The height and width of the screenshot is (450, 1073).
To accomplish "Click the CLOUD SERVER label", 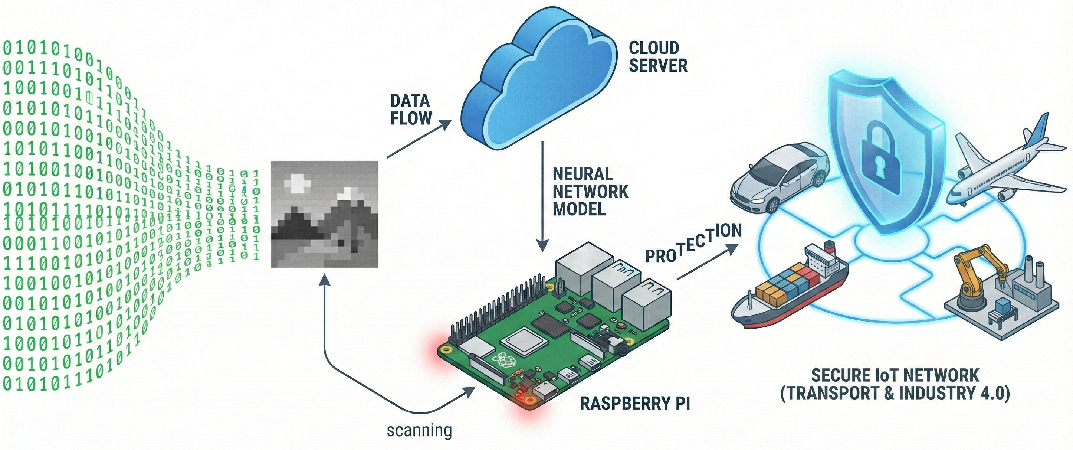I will pyautogui.click(x=658, y=57).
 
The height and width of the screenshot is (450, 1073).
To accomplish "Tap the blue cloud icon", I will pyautogui.click(x=537, y=83).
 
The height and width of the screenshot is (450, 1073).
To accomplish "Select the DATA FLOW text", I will pyautogui.click(x=410, y=110).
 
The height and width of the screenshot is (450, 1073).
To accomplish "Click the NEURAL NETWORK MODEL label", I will pyautogui.click(x=590, y=192).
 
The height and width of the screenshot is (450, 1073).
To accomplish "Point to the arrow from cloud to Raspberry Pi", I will pyautogui.click(x=542, y=196).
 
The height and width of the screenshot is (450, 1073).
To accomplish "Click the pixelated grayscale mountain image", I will pyautogui.click(x=325, y=214).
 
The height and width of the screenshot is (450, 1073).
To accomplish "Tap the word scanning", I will pyautogui.click(x=419, y=430).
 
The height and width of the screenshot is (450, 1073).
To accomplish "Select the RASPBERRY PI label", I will pyautogui.click(x=635, y=403).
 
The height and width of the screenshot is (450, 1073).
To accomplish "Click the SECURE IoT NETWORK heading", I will pyautogui.click(x=895, y=376).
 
